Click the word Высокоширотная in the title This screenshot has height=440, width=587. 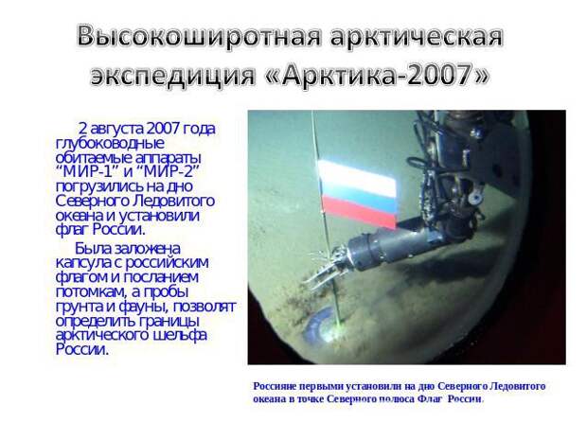(x=199, y=37)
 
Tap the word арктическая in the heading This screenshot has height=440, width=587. (x=417, y=37)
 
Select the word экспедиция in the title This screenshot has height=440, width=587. (x=172, y=75)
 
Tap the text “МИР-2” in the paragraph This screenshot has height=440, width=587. (x=167, y=171)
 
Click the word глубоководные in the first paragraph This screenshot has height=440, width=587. (x=110, y=144)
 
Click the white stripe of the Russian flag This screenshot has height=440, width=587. (x=357, y=178)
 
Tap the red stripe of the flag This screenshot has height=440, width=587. (x=359, y=213)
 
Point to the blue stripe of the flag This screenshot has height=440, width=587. (x=358, y=202)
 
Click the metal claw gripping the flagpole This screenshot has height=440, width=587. (x=325, y=268)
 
